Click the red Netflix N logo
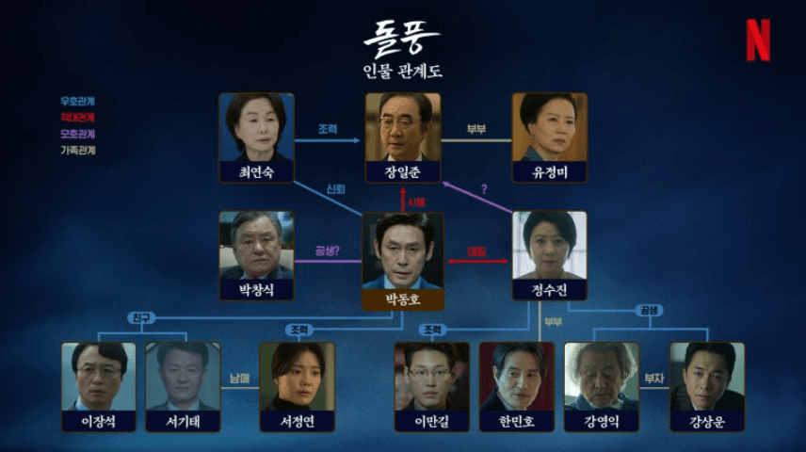758,40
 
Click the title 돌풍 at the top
403,39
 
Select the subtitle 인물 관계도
403,71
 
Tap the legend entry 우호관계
77,101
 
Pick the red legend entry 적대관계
77,117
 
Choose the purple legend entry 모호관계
77,133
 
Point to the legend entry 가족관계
77,149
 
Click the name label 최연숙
256,172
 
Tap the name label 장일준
403,172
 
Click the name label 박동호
403,300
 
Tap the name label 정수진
549,291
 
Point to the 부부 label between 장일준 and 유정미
476,130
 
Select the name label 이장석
99,421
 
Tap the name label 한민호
517,421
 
